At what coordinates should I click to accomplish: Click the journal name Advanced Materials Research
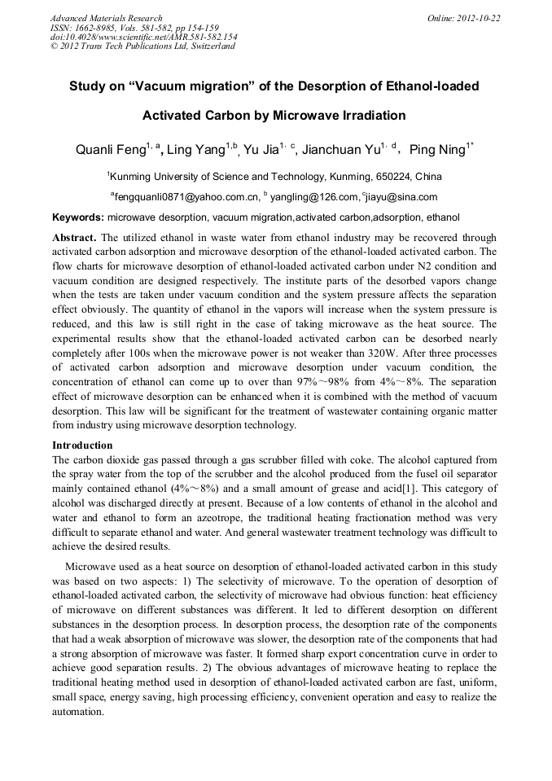point(106,18)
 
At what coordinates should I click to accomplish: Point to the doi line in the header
point(143,37)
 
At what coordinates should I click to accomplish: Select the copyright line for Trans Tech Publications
point(142,46)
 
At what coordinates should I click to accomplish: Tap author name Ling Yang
point(196,150)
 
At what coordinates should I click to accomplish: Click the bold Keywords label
point(78,217)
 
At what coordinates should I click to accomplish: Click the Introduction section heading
point(82,445)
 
